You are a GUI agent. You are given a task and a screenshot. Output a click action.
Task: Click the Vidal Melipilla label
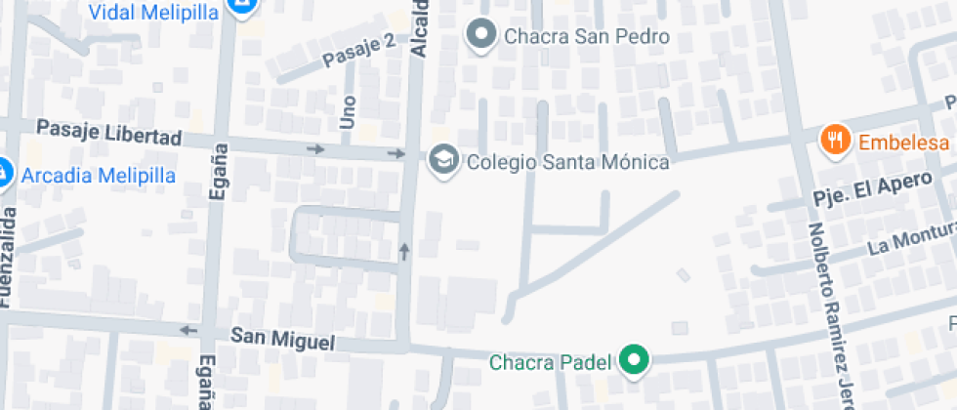(x=153, y=12)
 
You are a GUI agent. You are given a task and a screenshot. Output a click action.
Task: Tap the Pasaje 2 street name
(x=357, y=53)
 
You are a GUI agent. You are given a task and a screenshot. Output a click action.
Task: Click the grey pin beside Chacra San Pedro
(x=480, y=36)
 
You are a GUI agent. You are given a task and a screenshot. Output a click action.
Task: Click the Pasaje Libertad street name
(x=108, y=133)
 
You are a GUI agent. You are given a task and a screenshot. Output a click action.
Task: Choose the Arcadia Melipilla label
(x=98, y=176)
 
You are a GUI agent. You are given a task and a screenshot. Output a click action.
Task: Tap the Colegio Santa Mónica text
(x=567, y=161)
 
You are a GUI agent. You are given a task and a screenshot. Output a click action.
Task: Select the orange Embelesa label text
(x=903, y=143)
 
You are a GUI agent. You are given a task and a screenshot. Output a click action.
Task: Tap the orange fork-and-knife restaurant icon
(x=834, y=141)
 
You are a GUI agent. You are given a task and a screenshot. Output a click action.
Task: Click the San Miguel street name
(x=282, y=339)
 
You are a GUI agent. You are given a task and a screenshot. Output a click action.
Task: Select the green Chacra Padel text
(x=550, y=363)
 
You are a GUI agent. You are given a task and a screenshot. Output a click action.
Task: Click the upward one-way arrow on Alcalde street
(x=404, y=252)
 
